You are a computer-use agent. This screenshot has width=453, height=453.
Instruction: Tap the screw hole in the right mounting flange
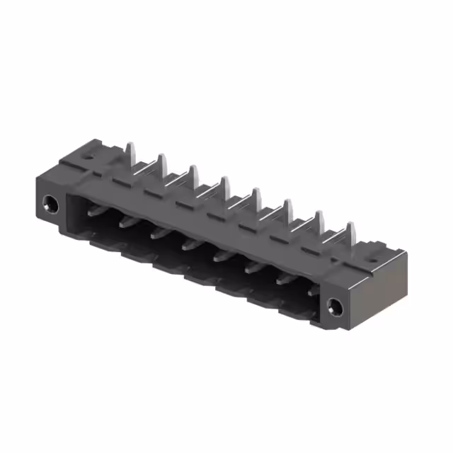(x=336, y=306)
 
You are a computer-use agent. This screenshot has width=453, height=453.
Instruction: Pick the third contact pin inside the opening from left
(x=157, y=232)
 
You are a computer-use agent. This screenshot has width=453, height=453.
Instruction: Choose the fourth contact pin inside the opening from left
(x=189, y=244)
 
